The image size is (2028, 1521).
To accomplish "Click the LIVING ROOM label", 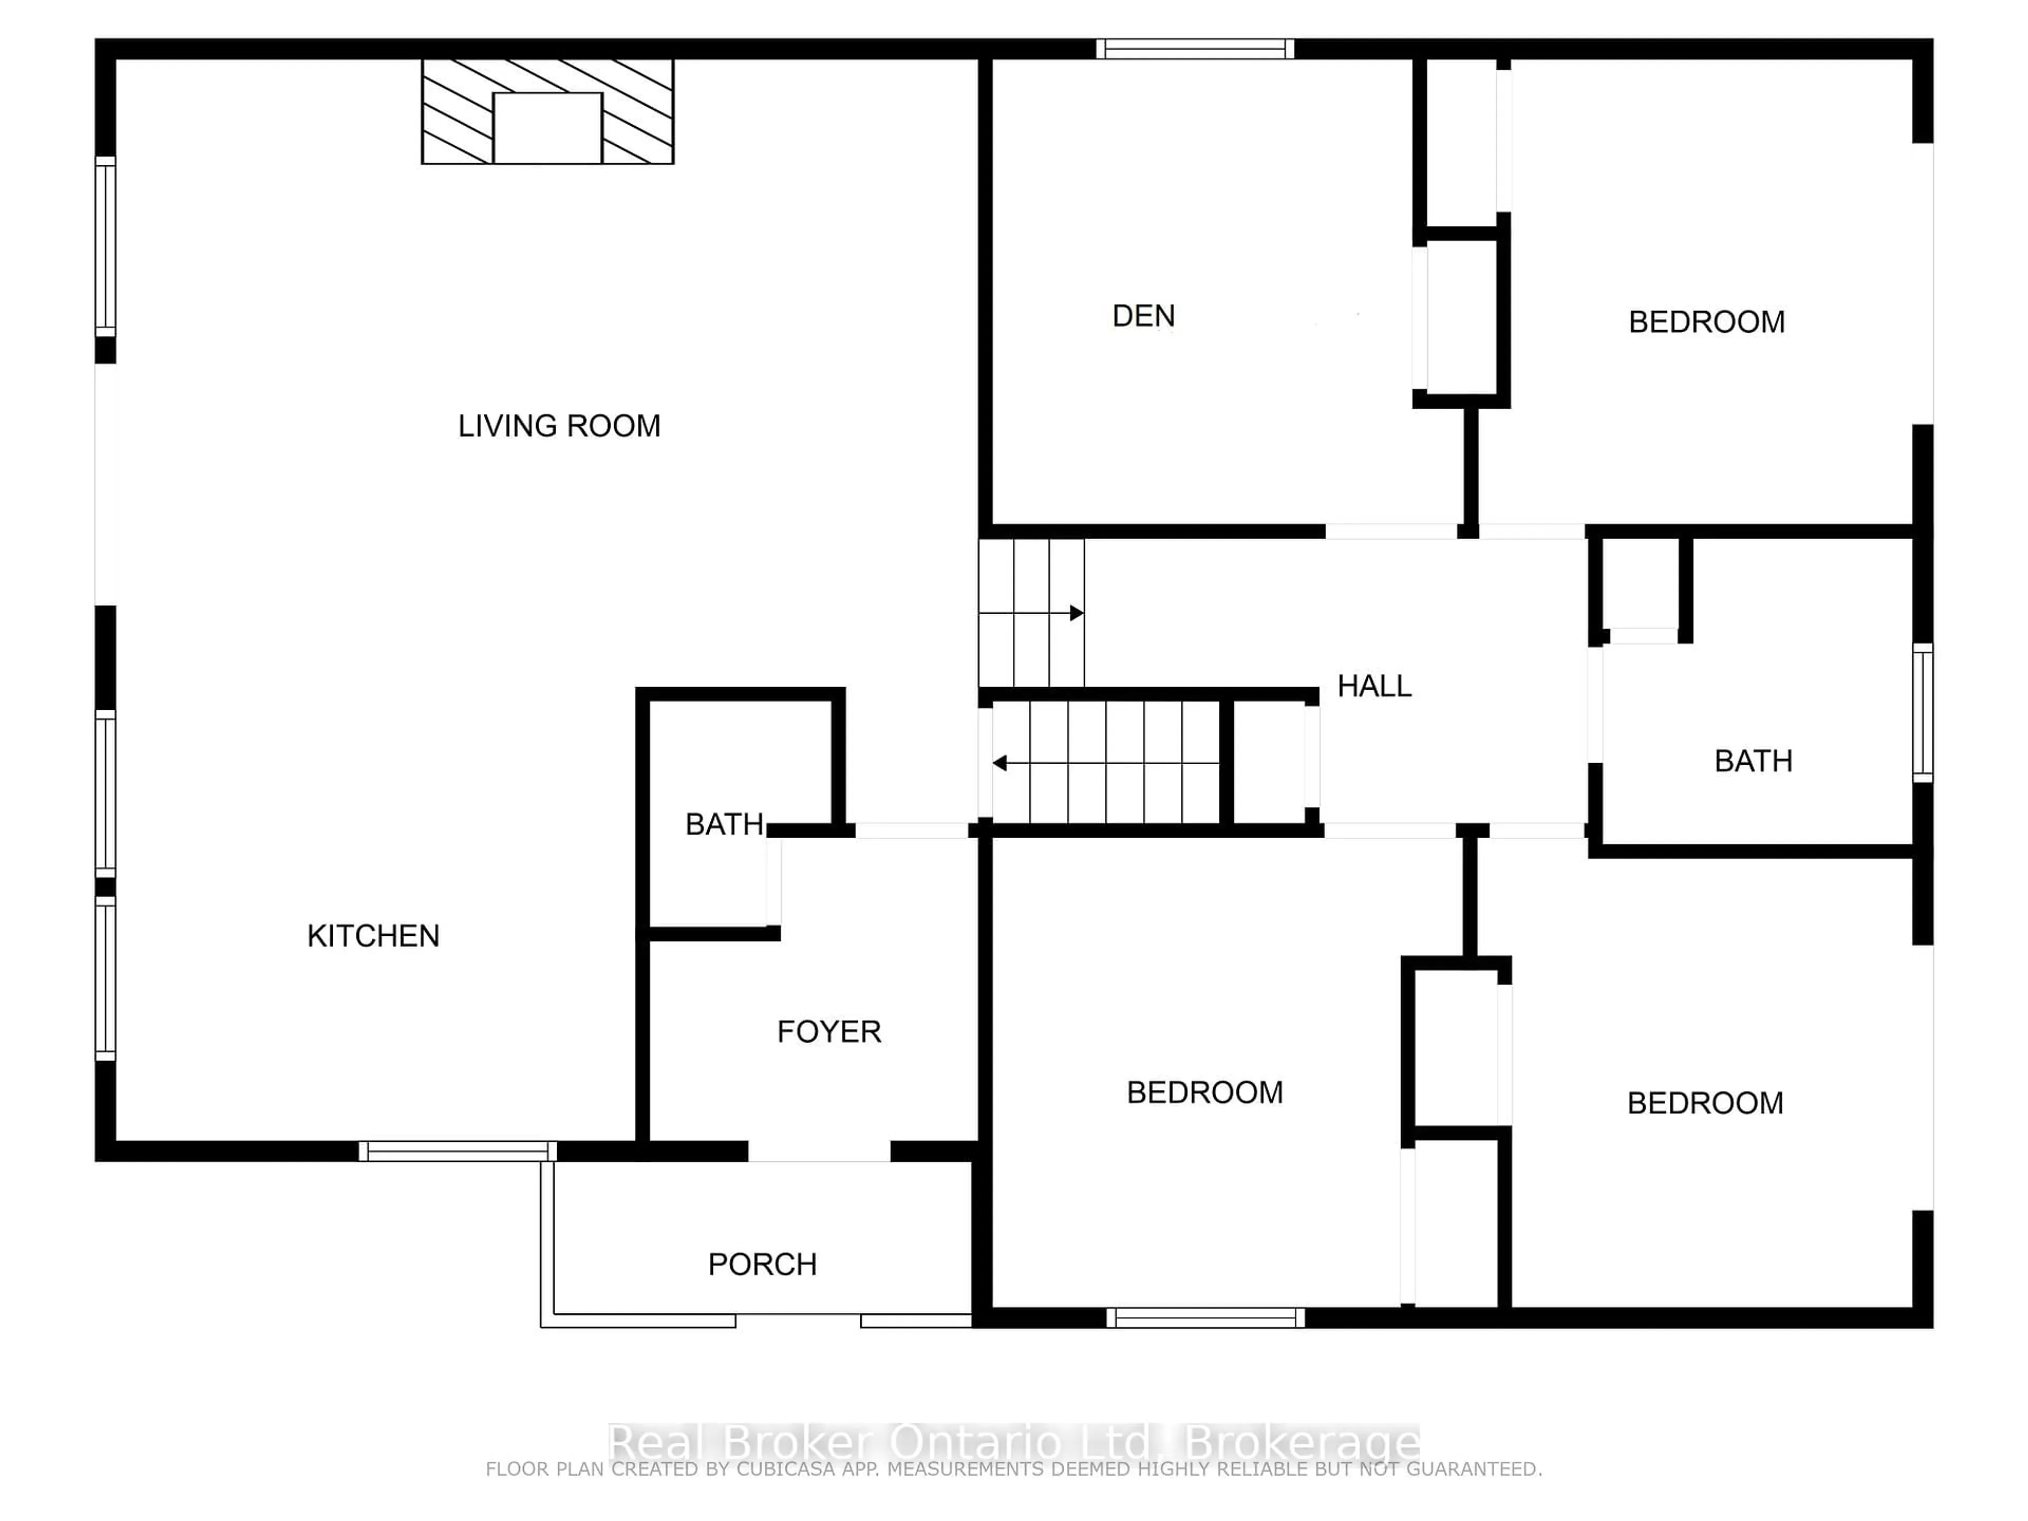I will tap(559, 426).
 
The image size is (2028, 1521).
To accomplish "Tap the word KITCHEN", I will tap(373, 936).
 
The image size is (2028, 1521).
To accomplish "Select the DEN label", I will tap(1143, 316).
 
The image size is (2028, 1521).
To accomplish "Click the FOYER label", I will tap(829, 1032).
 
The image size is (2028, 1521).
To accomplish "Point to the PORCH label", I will tap(762, 1265).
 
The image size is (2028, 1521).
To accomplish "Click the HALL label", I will tap(1374, 687).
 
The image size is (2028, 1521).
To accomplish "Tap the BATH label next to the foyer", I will tap(724, 825).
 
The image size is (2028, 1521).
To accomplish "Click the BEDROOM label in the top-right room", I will tap(1706, 323).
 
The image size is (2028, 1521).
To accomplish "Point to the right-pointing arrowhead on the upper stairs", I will tap(1077, 613).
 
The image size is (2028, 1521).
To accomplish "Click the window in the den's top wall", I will tap(1195, 49).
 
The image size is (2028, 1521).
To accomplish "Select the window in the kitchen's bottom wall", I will tap(457, 1151).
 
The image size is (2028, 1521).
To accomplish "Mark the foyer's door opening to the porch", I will tap(819, 1151).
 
